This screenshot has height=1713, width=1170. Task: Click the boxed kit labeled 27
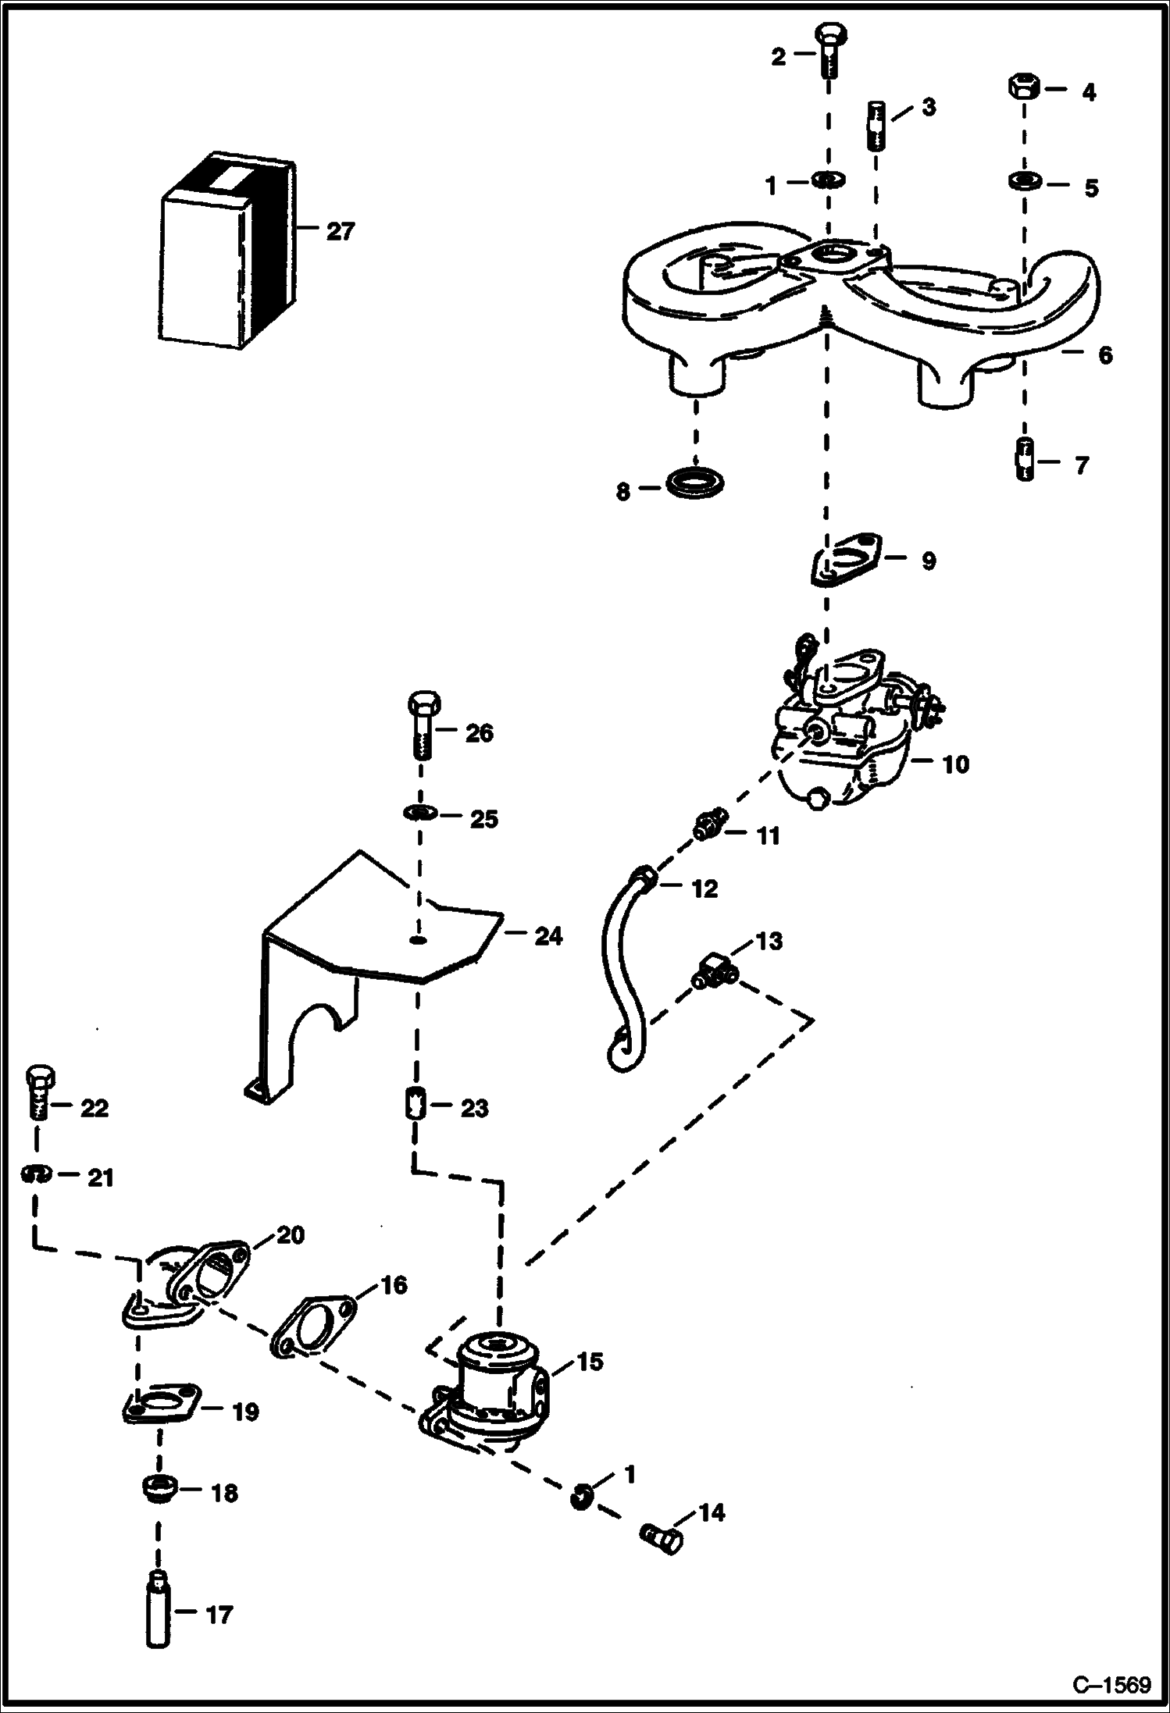pyautogui.click(x=227, y=250)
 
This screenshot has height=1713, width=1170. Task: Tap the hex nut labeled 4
pyautogui.click(x=1023, y=87)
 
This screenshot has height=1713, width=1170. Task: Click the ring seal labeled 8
pyautogui.click(x=695, y=482)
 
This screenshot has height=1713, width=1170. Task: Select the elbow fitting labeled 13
pyautogui.click(x=712, y=972)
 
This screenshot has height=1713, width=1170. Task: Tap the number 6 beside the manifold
pyautogui.click(x=1104, y=355)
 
